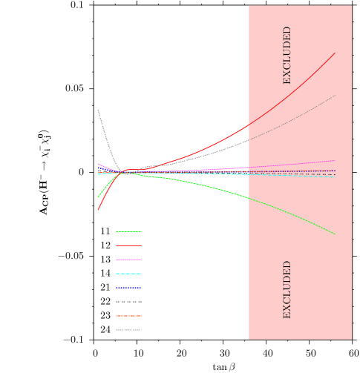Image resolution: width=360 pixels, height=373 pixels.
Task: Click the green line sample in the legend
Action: (128, 231)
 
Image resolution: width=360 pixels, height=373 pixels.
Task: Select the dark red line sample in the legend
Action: (128, 245)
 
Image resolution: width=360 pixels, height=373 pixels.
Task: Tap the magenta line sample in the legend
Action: (128, 260)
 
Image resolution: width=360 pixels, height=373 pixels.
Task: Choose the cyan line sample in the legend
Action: (128, 274)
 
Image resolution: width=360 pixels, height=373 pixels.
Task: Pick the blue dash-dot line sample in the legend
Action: (128, 288)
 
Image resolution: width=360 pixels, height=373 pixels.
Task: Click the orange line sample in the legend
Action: (128, 316)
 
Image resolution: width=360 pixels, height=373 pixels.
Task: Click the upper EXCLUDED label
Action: (287, 55)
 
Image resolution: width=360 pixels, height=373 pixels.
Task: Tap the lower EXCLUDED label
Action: (287, 289)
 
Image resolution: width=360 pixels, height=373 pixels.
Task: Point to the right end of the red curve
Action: (335, 53)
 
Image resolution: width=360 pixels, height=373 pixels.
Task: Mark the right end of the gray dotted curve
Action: (336, 95)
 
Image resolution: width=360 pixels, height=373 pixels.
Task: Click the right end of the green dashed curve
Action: (335, 234)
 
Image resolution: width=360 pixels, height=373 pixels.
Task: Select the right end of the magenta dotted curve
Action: (335, 160)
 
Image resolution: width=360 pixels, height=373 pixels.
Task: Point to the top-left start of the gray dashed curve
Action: (97, 110)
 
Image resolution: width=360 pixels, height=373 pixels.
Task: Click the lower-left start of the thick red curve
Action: (98, 210)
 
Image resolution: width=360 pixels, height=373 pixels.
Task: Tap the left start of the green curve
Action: (98, 197)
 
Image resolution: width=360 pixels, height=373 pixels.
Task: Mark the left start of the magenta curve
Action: (98, 164)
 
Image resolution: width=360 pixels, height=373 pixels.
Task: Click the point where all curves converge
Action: (124, 173)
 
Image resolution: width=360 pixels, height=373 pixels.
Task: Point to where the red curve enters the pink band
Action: (249, 124)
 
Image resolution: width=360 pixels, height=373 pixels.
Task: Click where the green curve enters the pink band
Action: (249, 198)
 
